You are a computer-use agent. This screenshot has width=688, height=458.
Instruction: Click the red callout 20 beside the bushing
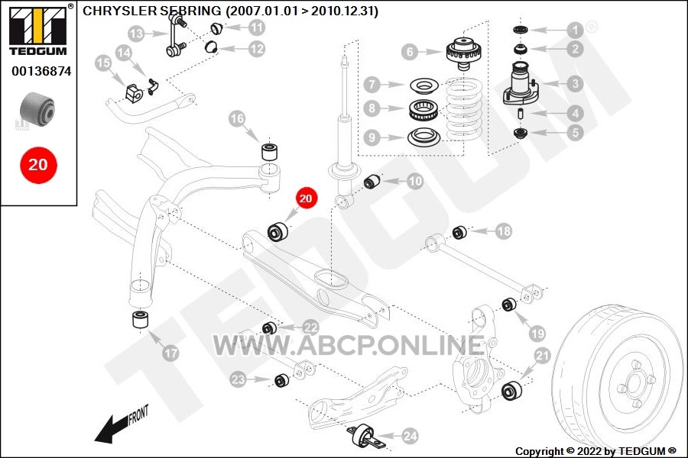point(305,198)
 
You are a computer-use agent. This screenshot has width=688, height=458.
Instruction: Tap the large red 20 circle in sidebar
point(38,165)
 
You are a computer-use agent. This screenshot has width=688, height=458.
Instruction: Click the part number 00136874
point(41,71)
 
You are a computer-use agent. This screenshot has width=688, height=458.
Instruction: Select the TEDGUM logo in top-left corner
point(38,29)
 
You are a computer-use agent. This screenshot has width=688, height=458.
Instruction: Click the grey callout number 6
point(410,52)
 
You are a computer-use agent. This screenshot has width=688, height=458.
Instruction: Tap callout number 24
point(411,436)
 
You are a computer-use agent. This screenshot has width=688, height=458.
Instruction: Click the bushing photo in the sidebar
point(37,108)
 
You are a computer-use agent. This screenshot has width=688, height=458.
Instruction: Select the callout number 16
point(237,118)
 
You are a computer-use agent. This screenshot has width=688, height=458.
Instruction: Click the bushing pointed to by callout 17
point(141,320)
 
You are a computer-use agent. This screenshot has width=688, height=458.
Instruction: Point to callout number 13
point(137,34)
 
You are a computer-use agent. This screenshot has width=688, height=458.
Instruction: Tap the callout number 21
point(542,356)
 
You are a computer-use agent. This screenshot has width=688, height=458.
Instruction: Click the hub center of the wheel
point(632,382)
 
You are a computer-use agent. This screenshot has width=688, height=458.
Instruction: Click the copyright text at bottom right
point(596,451)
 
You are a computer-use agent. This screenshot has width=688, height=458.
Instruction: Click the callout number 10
point(414,181)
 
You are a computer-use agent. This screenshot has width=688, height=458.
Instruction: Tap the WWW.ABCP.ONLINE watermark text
point(349,345)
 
